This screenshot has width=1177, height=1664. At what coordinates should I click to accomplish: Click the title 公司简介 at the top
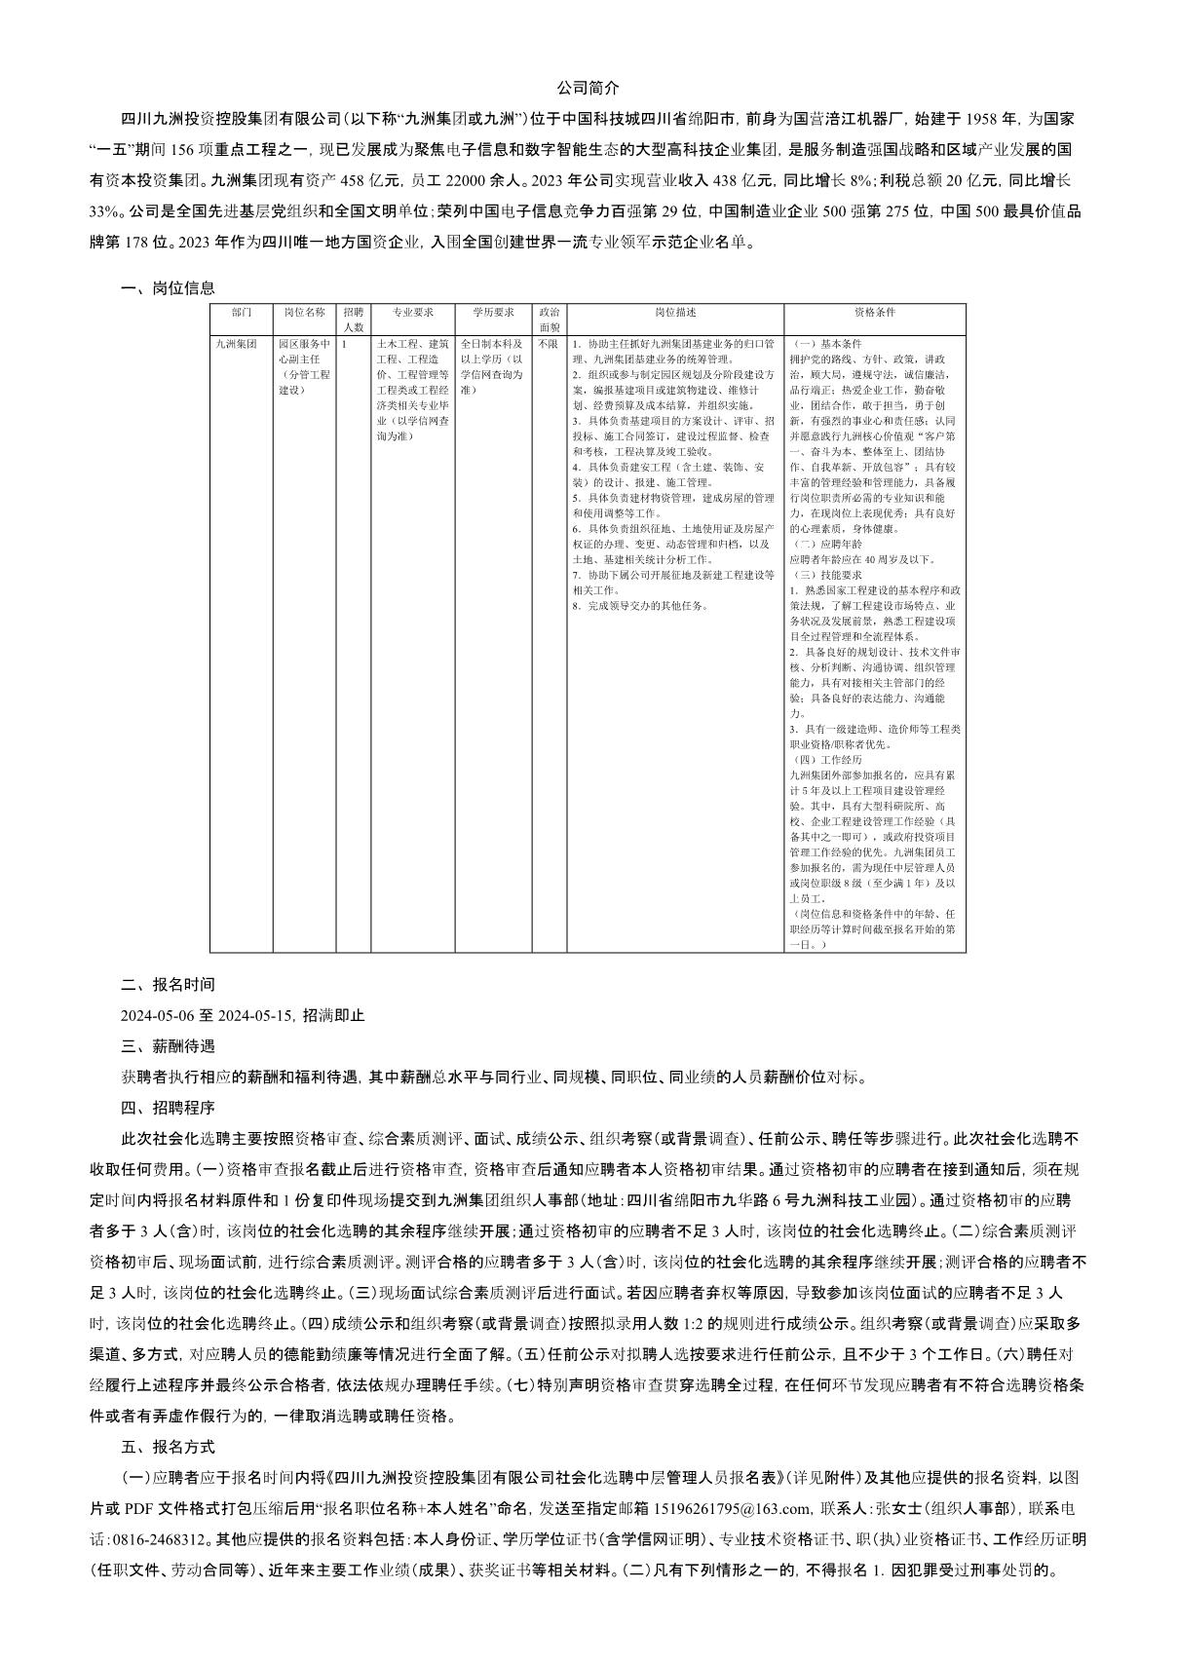[x=588, y=88]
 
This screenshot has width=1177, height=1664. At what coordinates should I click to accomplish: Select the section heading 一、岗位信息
[x=168, y=288]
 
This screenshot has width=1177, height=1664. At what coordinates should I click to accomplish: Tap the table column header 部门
[x=242, y=313]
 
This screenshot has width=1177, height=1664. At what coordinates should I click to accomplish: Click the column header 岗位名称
[x=304, y=313]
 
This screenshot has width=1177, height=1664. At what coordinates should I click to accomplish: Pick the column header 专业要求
[x=412, y=313]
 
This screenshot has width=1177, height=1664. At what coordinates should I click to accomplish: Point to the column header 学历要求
[x=493, y=313]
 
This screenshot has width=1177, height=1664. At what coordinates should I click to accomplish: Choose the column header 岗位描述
[x=675, y=313]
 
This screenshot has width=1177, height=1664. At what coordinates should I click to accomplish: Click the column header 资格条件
[x=874, y=313]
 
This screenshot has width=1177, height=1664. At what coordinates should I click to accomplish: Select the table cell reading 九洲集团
[x=237, y=344]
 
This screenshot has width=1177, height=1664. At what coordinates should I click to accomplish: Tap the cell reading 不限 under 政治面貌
[x=549, y=344]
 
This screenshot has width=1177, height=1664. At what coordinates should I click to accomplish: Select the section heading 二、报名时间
[x=168, y=985]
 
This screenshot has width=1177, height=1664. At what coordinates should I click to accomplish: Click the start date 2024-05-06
[x=158, y=1015]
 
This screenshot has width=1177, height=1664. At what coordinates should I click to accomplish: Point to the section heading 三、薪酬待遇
[x=168, y=1046]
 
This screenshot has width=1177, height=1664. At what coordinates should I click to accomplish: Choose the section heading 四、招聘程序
[x=168, y=1108]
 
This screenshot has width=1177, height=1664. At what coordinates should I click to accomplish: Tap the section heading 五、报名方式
[x=168, y=1447]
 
